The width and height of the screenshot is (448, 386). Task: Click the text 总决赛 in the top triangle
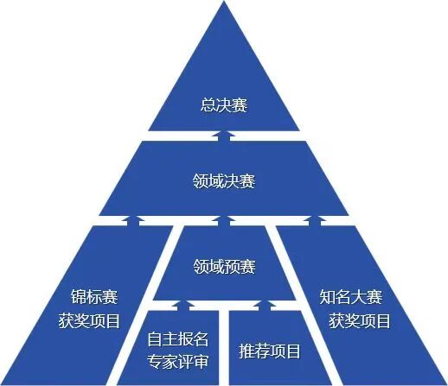point(224,105)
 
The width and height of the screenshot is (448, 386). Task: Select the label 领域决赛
point(224,181)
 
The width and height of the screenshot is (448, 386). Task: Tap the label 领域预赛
point(224,266)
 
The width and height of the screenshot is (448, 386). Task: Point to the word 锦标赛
point(94,297)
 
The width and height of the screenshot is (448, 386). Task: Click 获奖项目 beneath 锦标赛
point(89,321)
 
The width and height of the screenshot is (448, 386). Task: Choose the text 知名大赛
point(351,297)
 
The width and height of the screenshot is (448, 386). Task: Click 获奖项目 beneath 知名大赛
point(360,321)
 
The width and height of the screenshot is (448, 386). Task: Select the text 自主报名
point(177,339)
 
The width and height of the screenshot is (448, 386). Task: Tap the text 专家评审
point(177,361)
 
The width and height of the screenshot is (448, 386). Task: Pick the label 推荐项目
point(270,351)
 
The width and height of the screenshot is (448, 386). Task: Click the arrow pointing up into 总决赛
point(224,136)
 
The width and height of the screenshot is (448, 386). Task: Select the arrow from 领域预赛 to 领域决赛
point(224,220)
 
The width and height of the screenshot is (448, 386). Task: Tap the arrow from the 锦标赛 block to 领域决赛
point(133,220)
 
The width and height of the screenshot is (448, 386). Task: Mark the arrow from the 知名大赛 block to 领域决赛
point(315,220)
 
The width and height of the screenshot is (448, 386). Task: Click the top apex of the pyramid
point(224,1)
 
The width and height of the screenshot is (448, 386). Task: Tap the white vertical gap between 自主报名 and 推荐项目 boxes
point(224,347)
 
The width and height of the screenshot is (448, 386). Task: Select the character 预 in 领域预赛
point(232,266)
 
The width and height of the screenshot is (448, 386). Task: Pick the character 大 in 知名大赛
point(359,297)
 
